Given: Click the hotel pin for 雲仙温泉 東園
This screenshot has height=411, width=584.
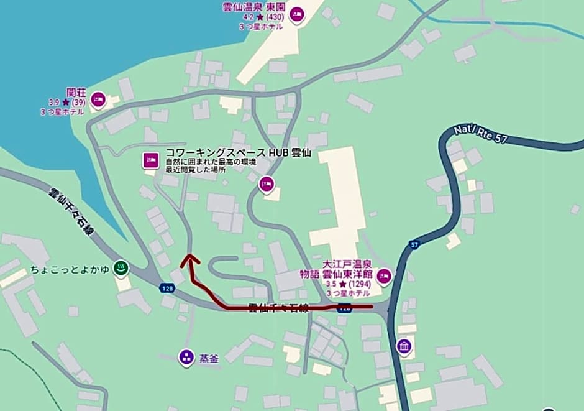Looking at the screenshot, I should (297, 14).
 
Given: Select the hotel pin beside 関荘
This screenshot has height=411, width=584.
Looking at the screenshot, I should (97, 99).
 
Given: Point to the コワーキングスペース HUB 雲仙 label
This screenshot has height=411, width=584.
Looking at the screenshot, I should (237, 152).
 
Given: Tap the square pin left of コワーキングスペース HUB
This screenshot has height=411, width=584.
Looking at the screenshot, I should (150, 160).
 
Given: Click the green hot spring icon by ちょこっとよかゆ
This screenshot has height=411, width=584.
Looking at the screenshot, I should (122, 269).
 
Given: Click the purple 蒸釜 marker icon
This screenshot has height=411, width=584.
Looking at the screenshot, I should (186, 357).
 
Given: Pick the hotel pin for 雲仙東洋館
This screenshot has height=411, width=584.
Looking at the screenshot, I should (385, 275).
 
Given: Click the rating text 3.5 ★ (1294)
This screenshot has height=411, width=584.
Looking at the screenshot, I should (349, 284).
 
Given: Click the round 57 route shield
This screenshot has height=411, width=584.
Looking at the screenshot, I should (414, 246).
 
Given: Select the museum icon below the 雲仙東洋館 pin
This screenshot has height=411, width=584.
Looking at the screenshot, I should (404, 346).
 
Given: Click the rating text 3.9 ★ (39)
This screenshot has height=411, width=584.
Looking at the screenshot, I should (66, 103).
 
